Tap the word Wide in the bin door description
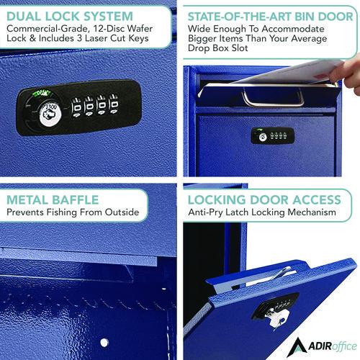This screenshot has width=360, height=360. (201, 30)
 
